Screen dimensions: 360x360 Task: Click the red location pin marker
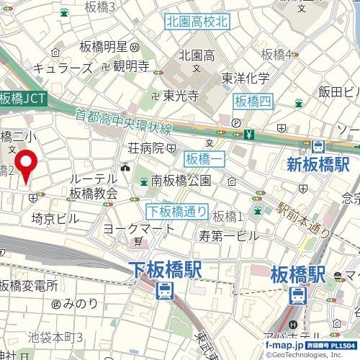(27, 166)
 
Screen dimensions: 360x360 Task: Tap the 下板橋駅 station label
(166, 271)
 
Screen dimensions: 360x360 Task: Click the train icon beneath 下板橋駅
(165, 291)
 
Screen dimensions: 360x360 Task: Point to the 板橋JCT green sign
(23, 99)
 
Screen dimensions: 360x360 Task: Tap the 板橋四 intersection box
(253, 102)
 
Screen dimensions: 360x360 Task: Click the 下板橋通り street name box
(178, 212)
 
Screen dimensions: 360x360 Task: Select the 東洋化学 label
(246, 78)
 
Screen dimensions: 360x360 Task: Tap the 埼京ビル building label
(55, 218)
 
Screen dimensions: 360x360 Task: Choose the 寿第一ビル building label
(228, 235)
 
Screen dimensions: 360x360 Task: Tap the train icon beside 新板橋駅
(318, 145)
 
